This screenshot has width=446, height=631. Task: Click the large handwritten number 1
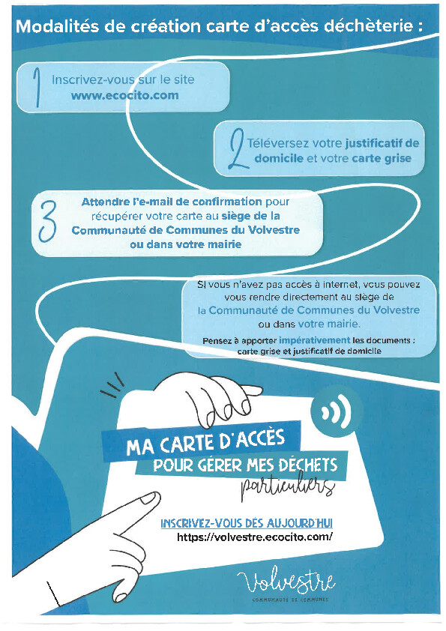pyautogui.click(x=37, y=88)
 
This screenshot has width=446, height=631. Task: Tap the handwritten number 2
pyautogui.click(x=236, y=148)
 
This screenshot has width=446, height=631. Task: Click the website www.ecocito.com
pyautogui.click(x=124, y=95)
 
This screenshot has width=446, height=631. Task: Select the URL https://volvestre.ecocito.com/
pyautogui.click(x=255, y=537)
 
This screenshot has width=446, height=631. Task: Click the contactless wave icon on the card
pyautogui.click(x=337, y=411)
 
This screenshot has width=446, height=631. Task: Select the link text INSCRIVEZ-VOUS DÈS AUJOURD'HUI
pyautogui.click(x=247, y=523)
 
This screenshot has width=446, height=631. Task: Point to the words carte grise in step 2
pyautogui.click(x=382, y=158)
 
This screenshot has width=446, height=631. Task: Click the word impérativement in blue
pyautogui.click(x=314, y=340)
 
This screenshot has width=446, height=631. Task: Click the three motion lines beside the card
pyautogui.click(x=112, y=385)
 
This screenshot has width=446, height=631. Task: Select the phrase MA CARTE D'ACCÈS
pyautogui.click(x=205, y=441)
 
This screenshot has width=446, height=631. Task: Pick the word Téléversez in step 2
pyautogui.click(x=278, y=143)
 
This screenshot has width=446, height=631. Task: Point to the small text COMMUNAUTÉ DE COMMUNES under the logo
pyautogui.click(x=290, y=600)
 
